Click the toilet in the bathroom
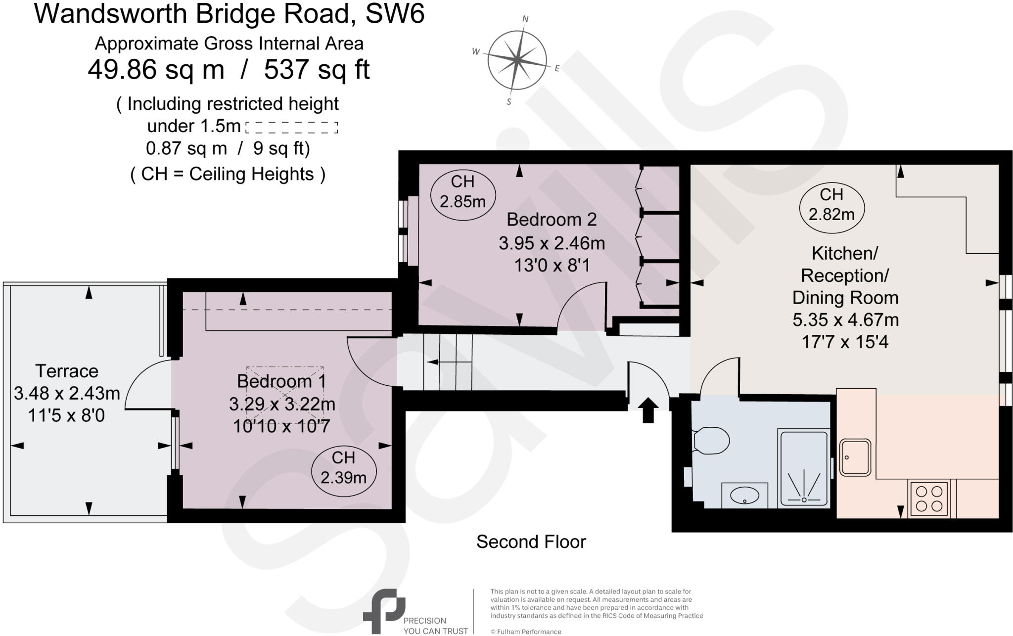711,440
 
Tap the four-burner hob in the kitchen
928,499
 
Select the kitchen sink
855,457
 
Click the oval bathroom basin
744,495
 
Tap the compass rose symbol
517,61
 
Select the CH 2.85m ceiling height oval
462,192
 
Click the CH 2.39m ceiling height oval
343,468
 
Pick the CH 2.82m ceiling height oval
831,205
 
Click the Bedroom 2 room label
552,219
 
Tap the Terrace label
67,371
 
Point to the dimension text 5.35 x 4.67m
845,320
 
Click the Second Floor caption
531,542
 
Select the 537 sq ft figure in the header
317,70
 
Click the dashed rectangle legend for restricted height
291,127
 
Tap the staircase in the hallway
448,363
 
